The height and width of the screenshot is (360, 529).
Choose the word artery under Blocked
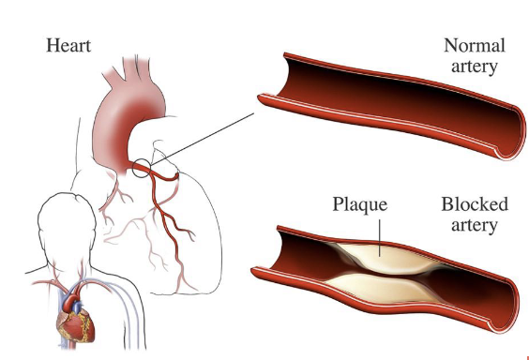point(474,225)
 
